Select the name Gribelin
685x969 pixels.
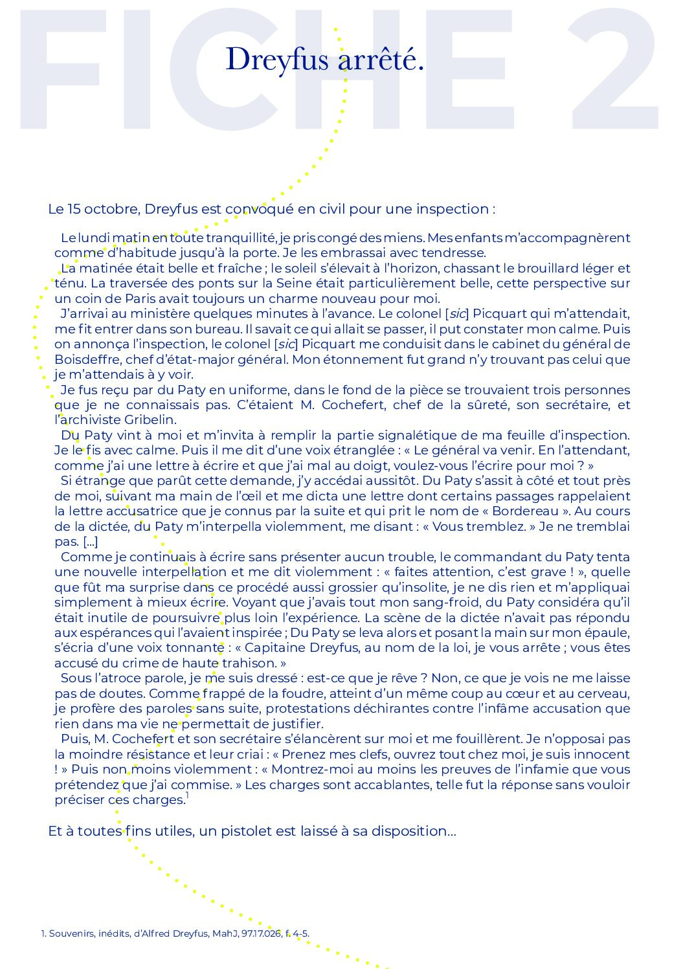click(x=150, y=420)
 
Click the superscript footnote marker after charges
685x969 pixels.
click(x=187, y=796)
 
